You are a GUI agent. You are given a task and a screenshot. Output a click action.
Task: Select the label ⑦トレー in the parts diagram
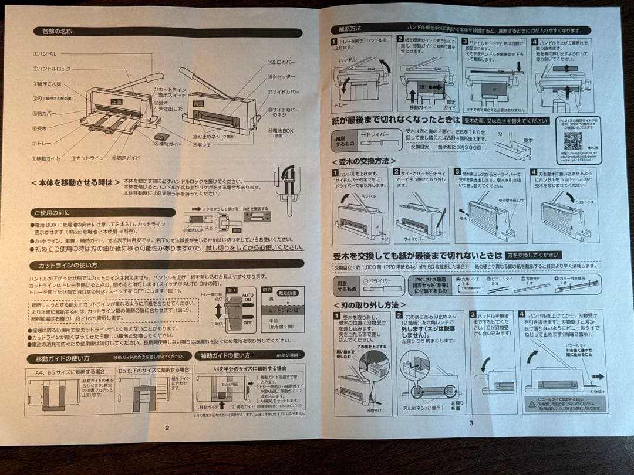42,142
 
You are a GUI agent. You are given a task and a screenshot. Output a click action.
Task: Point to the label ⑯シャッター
281,76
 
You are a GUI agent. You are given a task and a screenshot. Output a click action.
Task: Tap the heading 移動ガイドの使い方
62,358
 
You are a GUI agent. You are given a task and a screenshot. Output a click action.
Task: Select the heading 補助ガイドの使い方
225,355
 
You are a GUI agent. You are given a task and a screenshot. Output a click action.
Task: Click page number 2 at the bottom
167,428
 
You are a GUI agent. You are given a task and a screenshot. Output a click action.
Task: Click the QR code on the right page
572,141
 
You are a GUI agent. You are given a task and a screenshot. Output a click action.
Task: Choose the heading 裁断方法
350,28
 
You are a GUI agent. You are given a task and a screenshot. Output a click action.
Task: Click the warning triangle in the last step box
528,401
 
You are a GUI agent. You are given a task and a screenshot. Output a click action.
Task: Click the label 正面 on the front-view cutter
116,101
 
